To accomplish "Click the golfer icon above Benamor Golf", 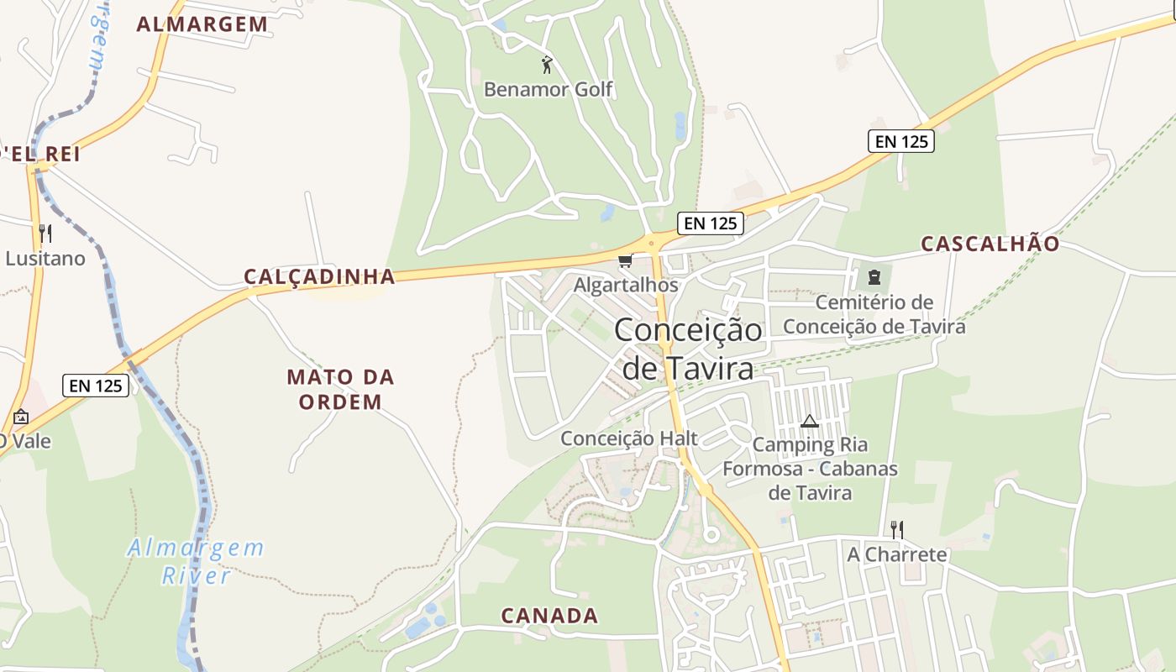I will tap(547, 64).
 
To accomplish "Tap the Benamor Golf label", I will tap(549, 89).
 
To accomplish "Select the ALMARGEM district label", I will tap(202, 24).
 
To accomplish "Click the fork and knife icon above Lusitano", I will tap(45, 234).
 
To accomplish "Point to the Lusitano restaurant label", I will tap(45, 259).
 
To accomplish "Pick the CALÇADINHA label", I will tap(319, 277).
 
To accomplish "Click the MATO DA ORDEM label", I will tap(340, 389).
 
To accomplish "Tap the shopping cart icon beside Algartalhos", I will tap(625, 261).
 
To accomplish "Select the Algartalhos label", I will tap(626, 286).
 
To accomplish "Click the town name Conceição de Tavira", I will tap(688, 349).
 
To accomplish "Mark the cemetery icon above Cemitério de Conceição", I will tap(874, 276).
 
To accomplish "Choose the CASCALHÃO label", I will tap(990, 244).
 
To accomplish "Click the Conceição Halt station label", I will tap(629, 438).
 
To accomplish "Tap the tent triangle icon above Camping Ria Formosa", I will tap(809, 421).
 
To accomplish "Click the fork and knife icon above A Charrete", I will tap(897, 529).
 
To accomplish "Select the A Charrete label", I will tap(897, 555).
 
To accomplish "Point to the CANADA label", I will tap(550, 616).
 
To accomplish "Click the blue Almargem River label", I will tap(196, 562).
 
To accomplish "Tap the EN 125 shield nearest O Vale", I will tap(96, 386).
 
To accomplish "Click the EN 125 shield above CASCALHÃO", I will tap(901, 142).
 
